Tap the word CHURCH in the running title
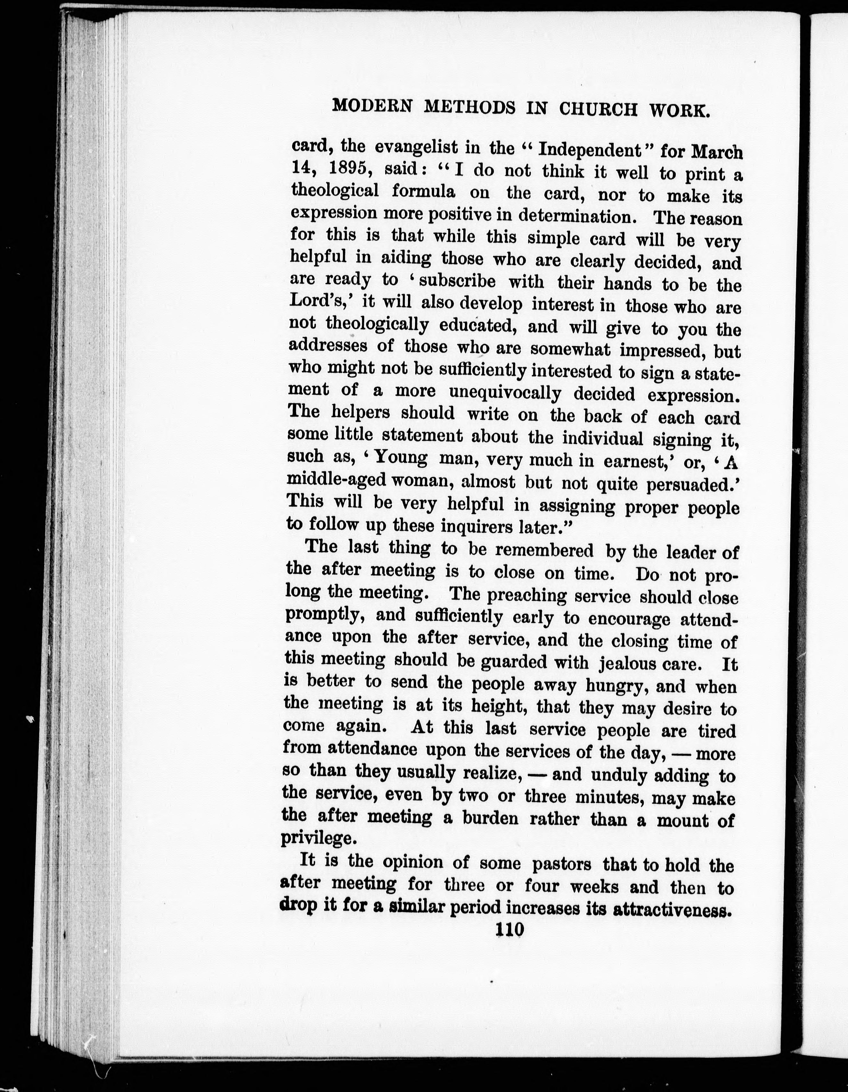pyautogui.click(x=598, y=109)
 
